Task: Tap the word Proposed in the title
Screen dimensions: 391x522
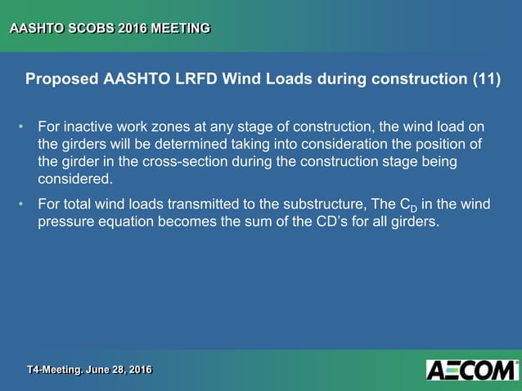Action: click(61, 80)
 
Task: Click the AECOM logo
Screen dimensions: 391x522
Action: click(472, 370)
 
